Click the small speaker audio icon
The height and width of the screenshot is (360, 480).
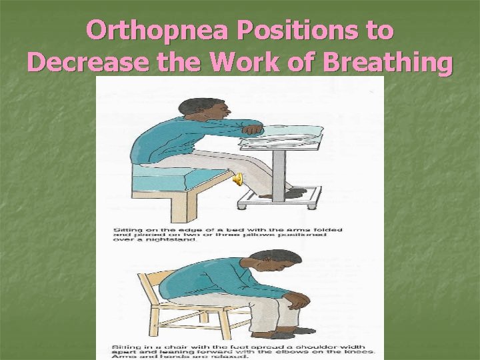click(x=238, y=178)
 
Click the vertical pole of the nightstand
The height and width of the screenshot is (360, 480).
click(x=283, y=169)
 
